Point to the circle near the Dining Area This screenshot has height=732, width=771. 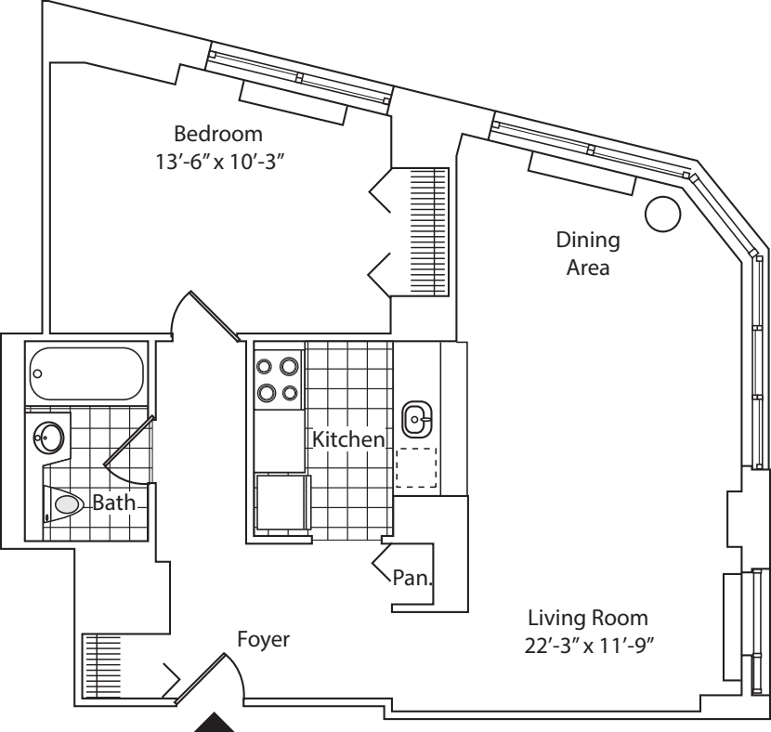(663, 215)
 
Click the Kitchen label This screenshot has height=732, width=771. (347, 438)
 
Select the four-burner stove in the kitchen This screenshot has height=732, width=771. (279, 379)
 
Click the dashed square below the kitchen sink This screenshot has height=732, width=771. (415, 467)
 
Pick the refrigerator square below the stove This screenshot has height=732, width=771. (282, 503)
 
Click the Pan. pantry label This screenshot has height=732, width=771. (410, 577)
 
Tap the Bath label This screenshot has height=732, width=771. (113, 503)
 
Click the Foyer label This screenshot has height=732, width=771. (264, 639)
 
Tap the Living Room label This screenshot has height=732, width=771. (586, 618)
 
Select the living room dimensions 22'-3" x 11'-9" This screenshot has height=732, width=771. (586, 644)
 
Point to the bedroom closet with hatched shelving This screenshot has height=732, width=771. (428, 232)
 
